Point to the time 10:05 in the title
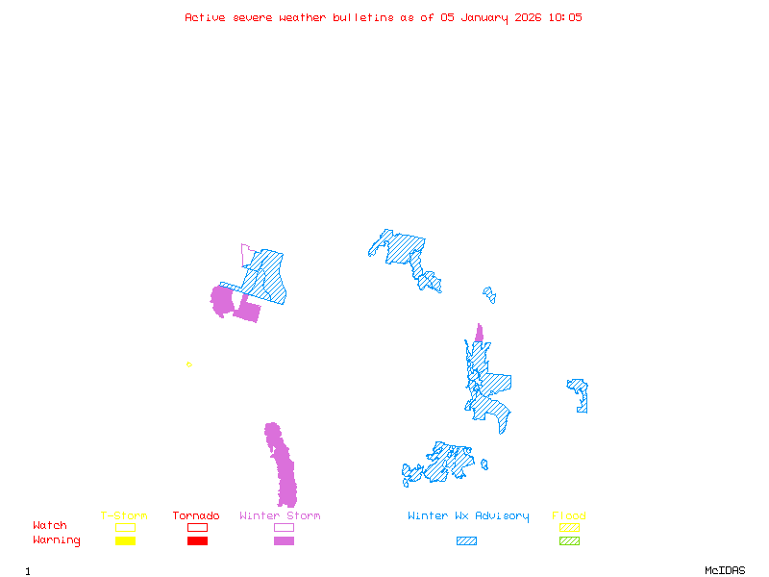click(565, 17)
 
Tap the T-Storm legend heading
click(124, 516)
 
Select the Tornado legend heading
click(196, 516)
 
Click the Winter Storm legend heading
click(280, 516)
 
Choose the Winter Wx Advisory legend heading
click(468, 516)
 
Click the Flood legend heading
click(569, 516)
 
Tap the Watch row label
click(50, 526)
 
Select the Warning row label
click(57, 540)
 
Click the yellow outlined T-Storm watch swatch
click(125, 527)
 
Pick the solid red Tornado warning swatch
click(197, 540)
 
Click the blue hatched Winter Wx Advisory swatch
click(466, 540)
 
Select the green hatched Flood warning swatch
click(569, 540)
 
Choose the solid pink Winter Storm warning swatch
click(284, 540)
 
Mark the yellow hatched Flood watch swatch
click(569, 527)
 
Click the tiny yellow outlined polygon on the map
click(189, 364)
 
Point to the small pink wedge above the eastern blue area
click(479, 334)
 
